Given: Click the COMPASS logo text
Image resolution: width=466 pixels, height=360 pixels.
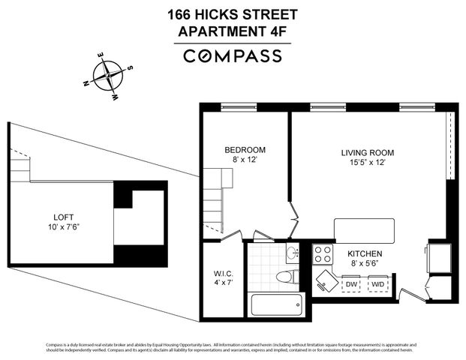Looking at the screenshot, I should (x=233, y=55).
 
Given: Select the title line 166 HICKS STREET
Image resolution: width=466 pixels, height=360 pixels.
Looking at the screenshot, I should (x=233, y=14).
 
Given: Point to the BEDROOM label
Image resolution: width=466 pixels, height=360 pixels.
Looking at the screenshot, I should (x=245, y=150).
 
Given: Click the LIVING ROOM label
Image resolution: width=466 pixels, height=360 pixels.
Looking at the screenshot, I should (x=367, y=152).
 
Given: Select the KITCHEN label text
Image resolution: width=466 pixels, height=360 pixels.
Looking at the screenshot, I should (x=365, y=254).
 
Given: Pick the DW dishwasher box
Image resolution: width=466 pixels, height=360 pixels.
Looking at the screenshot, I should (x=350, y=284).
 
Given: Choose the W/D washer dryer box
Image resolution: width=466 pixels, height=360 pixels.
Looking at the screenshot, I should (x=378, y=284).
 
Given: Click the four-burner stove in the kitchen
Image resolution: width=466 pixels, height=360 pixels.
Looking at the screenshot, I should (x=323, y=253).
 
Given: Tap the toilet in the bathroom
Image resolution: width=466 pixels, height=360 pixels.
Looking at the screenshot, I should (x=284, y=277).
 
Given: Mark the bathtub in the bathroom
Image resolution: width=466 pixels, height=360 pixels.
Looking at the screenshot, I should (x=275, y=304).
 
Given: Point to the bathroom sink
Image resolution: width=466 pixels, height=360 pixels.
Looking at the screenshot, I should (x=293, y=253).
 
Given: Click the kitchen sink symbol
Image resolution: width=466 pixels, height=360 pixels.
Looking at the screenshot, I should (x=326, y=280).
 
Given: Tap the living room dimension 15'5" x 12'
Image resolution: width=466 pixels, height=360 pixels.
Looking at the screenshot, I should (x=367, y=163).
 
